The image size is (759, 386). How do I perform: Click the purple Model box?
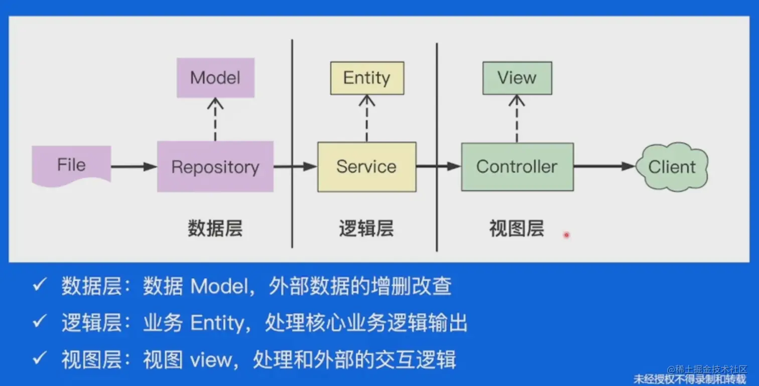pyautogui.click(x=215, y=78)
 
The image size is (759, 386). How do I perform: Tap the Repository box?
pyautogui.click(x=215, y=166)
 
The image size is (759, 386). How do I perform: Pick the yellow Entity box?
pyautogui.click(x=367, y=78)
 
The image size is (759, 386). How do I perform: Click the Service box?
pyautogui.click(x=367, y=167)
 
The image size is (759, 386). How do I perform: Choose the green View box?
pyautogui.click(x=518, y=78)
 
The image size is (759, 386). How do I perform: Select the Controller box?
pyautogui.click(x=518, y=167)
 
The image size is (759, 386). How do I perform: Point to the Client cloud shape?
pyautogui.click(x=672, y=166)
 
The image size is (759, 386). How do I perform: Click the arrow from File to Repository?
pyautogui.click(x=134, y=166)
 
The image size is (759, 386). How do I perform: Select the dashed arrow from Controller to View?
pyautogui.click(x=517, y=119)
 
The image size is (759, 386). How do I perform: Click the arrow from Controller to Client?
pyautogui.click(x=605, y=166)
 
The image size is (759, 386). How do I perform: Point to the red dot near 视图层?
pyautogui.click(x=567, y=235)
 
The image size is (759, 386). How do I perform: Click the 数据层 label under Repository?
pyautogui.click(x=215, y=228)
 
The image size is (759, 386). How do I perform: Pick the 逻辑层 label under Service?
pyautogui.click(x=366, y=228)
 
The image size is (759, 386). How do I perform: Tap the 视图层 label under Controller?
pyautogui.click(x=517, y=228)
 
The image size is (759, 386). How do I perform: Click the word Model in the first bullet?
pyautogui.click(x=219, y=286)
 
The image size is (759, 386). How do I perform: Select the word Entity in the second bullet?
pyautogui.click(x=217, y=323)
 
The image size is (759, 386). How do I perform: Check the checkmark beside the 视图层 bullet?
pyautogui.click(x=40, y=358)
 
